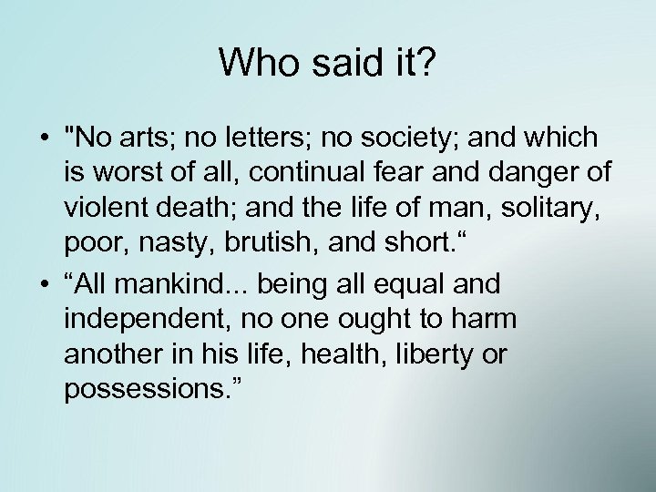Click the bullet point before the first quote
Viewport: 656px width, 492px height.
pos(44,139)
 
